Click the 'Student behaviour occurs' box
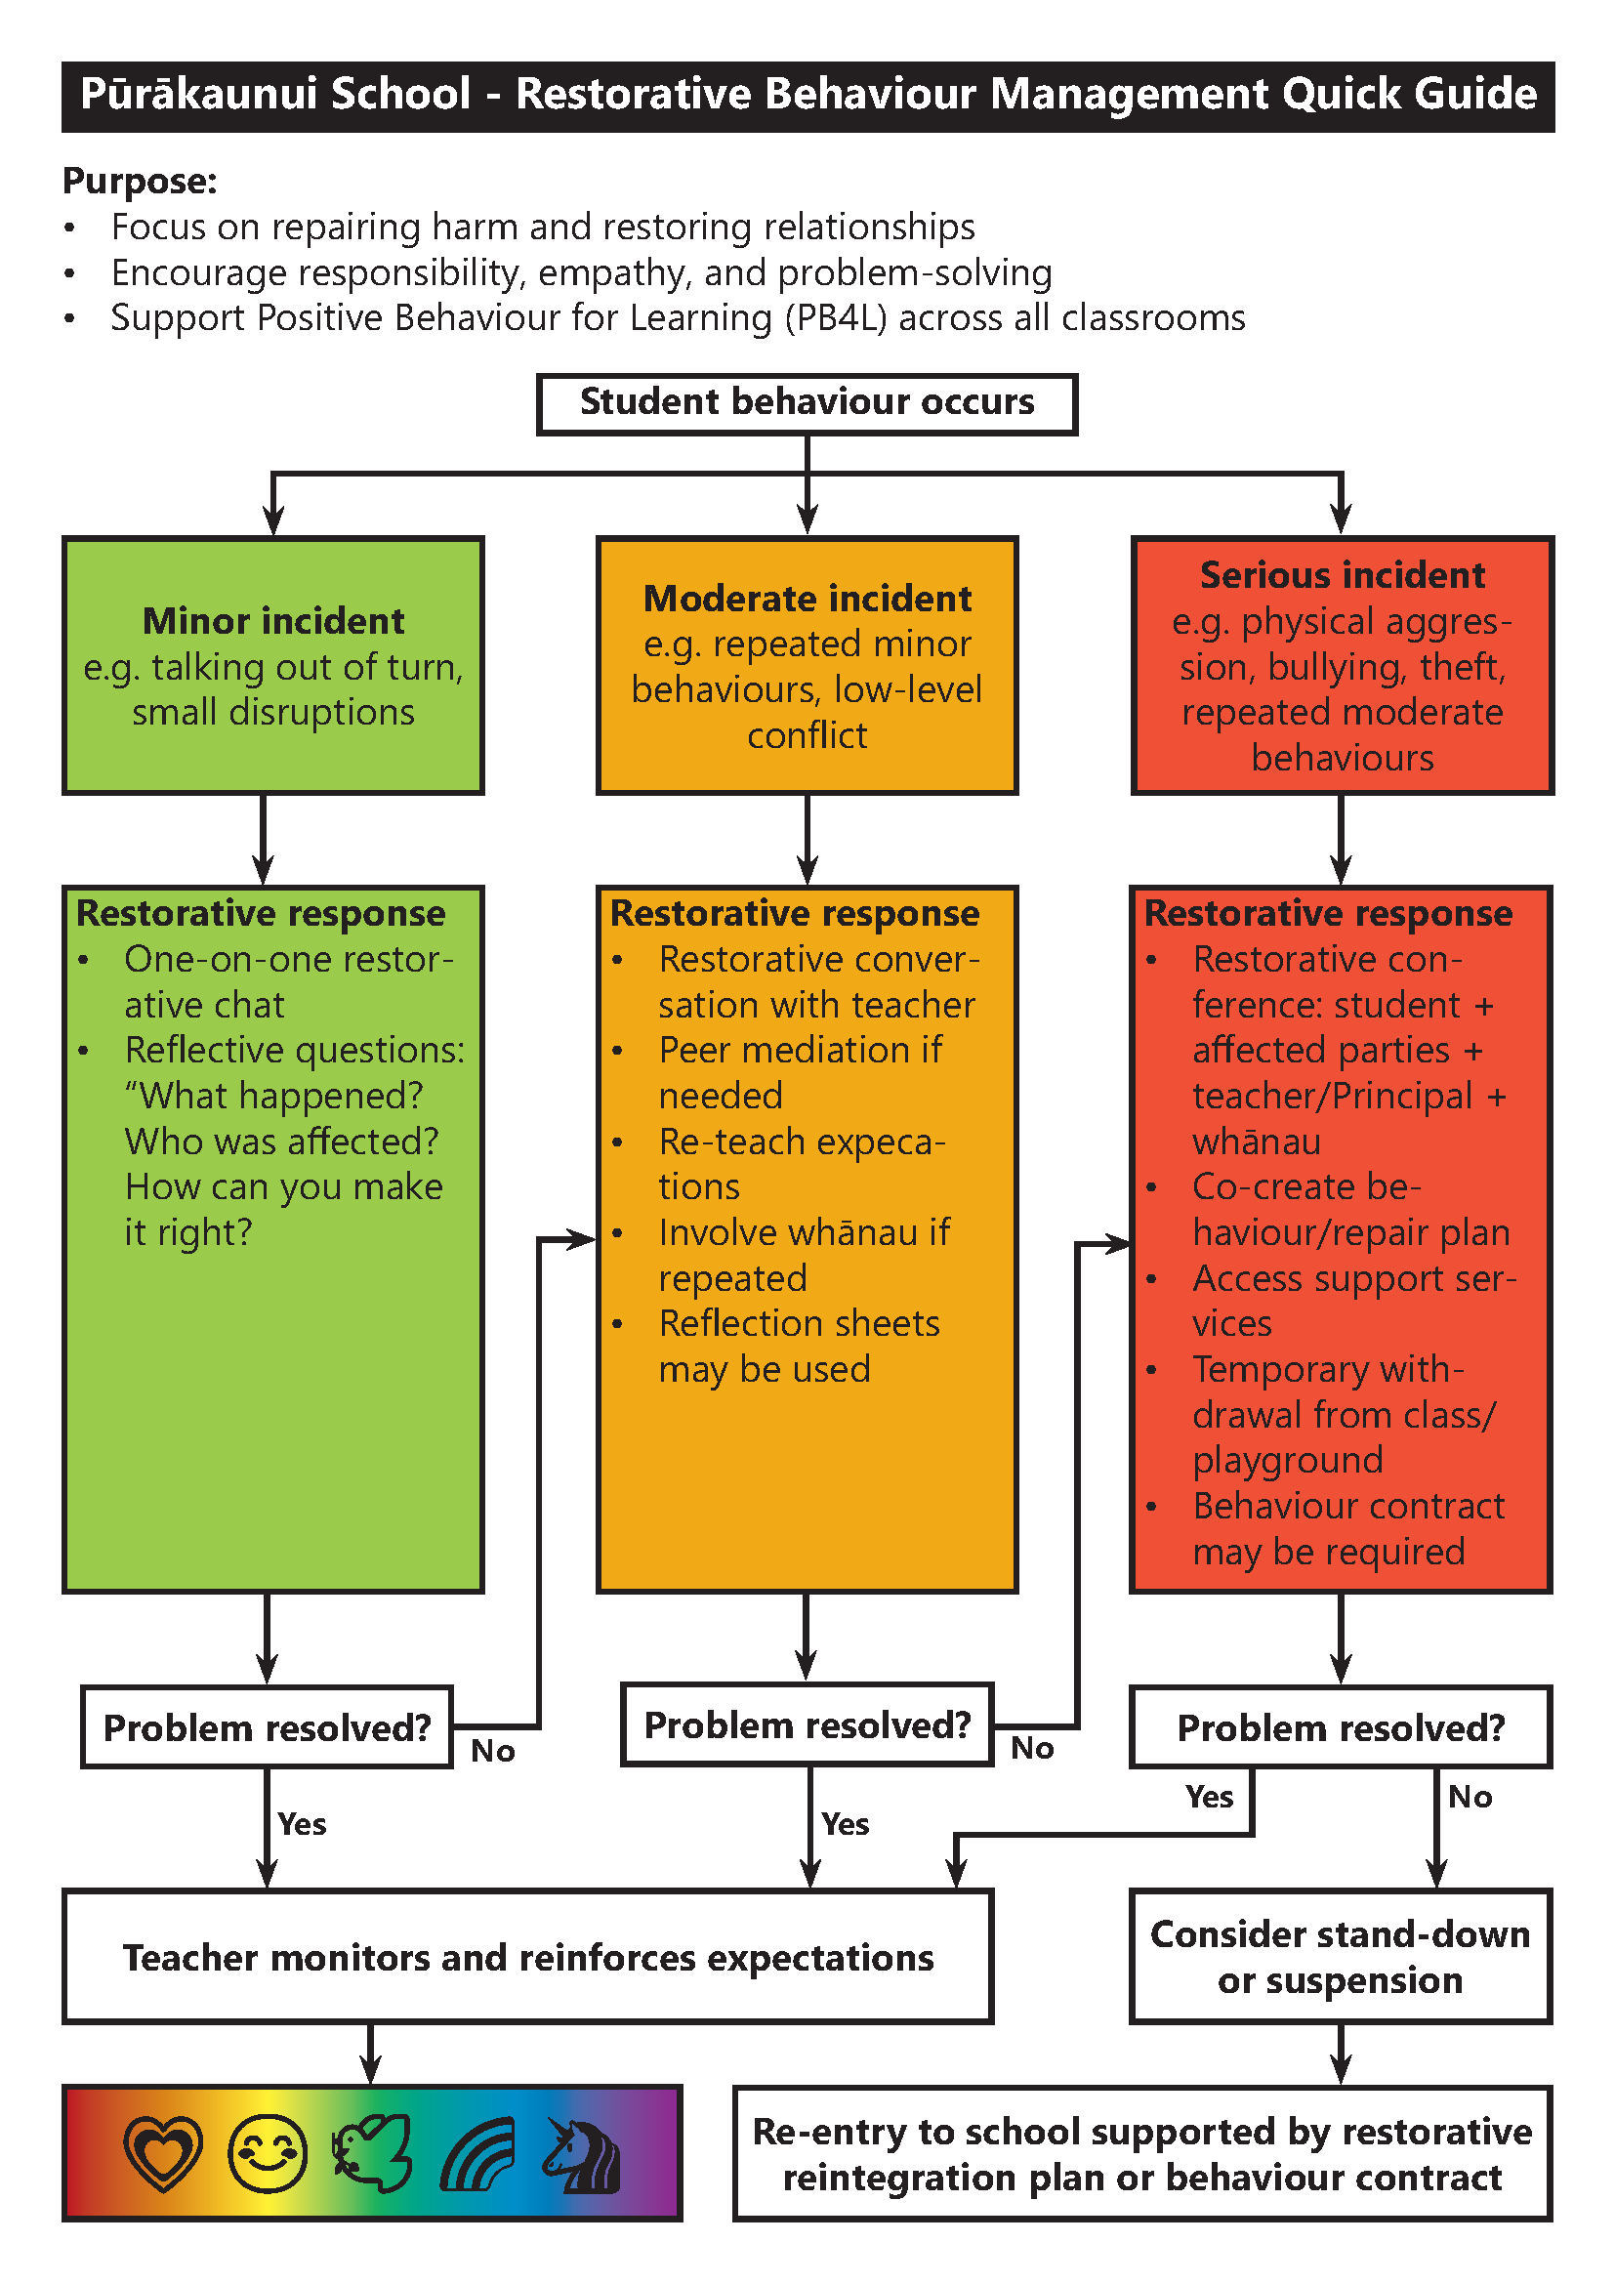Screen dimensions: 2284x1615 [x=807, y=403]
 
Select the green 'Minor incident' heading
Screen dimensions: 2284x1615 [x=273, y=621]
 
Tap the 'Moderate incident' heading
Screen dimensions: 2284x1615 [x=807, y=598]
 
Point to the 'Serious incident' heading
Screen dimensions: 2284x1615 [x=1342, y=575]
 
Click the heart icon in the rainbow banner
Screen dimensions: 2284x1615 [x=163, y=2153]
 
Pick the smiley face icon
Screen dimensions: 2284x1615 [x=268, y=2153]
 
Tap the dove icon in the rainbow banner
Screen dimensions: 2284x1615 [x=373, y=2153]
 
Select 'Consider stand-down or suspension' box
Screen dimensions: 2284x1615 [x=1341, y=1957]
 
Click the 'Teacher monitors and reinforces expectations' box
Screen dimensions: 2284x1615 [x=528, y=1957]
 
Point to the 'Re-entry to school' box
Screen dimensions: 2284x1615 [x=1141, y=2154]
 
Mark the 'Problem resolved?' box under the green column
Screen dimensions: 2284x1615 [x=267, y=1728]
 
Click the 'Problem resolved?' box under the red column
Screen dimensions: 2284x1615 [x=1341, y=1728]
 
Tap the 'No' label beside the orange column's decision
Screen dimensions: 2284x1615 [x=1032, y=1749]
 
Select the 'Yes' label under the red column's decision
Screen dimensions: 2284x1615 [x=1209, y=1797]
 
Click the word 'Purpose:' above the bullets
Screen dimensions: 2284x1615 [x=140, y=181]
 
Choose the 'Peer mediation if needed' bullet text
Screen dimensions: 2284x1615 [x=800, y=1072]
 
